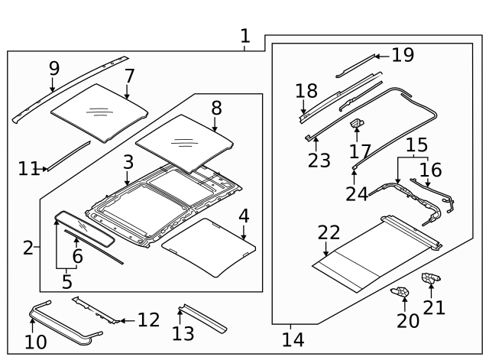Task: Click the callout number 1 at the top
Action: tap(244, 36)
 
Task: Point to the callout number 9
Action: tap(53, 68)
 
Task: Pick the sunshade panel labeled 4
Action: tap(208, 246)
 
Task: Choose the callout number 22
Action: tap(329, 232)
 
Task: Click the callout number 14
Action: tap(293, 337)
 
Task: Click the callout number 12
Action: tap(148, 319)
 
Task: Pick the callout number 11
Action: tap(28, 169)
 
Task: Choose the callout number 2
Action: tap(28, 248)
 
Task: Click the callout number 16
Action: tap(430, 169)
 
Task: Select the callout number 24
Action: tap(357, 193)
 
